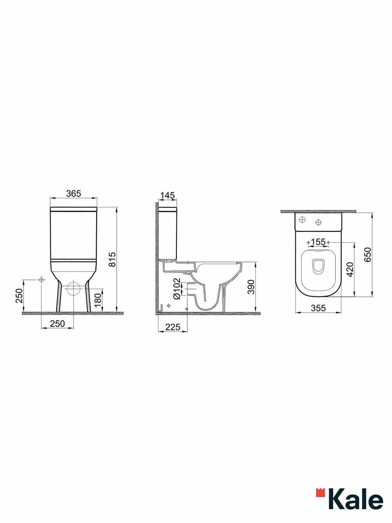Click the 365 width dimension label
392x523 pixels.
coord(74,194)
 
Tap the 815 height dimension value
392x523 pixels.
coord(112,259)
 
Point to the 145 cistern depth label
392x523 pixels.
coord(167,195)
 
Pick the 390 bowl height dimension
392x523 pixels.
coord(251,287)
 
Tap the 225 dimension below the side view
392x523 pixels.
coord(173,327)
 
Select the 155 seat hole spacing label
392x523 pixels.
coord(318,242)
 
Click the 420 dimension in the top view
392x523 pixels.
coord(350,269)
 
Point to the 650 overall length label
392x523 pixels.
coord(368,255)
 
